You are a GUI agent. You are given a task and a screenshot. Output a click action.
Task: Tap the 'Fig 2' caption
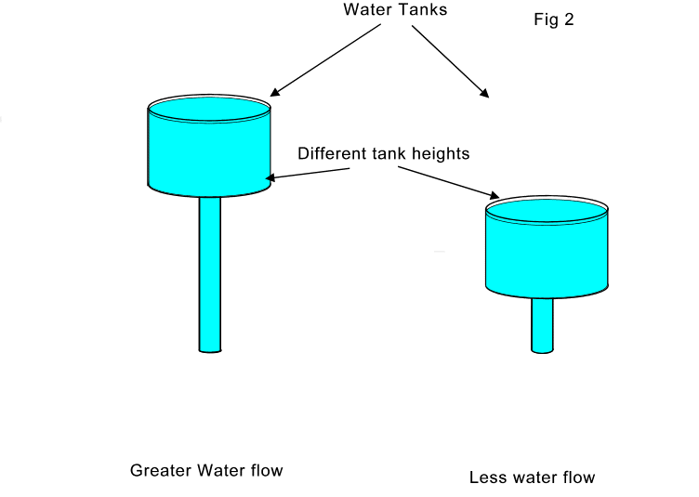553,20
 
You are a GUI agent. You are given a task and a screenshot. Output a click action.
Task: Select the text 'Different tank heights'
383,153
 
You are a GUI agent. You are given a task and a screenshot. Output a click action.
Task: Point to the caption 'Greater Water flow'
206,471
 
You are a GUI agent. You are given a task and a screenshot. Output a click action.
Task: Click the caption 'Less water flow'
532,478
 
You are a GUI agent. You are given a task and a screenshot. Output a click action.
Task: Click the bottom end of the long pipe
210,349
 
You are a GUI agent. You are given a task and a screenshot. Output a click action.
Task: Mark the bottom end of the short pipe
543,350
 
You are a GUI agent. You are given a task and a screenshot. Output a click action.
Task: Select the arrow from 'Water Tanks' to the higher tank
325,59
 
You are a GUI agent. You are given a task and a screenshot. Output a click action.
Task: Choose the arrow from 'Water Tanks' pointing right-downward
450,61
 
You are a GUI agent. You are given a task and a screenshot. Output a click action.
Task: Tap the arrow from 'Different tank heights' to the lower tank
444,181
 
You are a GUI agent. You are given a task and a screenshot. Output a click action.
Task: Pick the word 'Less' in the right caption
487,478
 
